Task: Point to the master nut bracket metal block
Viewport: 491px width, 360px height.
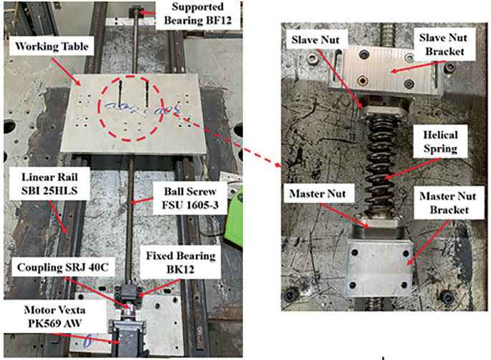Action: click(x=378, y=265)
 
